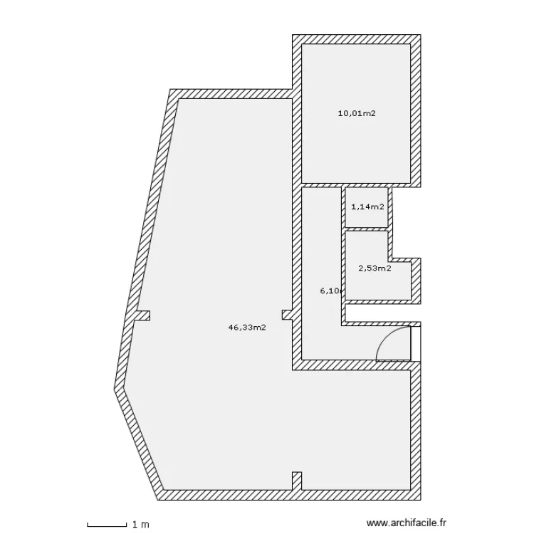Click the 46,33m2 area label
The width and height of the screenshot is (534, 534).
[246, 328]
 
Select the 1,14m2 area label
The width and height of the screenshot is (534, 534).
[367, 207]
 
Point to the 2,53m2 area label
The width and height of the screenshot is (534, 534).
[375, 268]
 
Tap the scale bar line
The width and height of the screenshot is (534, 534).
[108, 526]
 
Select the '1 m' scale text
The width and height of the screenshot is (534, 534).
[141, 525]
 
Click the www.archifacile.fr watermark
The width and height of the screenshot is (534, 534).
[405, 523]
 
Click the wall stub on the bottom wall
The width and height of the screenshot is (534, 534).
[297, 481]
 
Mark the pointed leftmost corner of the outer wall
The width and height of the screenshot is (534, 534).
[116, 388]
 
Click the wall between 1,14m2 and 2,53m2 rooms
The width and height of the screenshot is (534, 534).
[366, 228]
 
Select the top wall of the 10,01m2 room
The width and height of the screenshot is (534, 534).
[356, 40]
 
